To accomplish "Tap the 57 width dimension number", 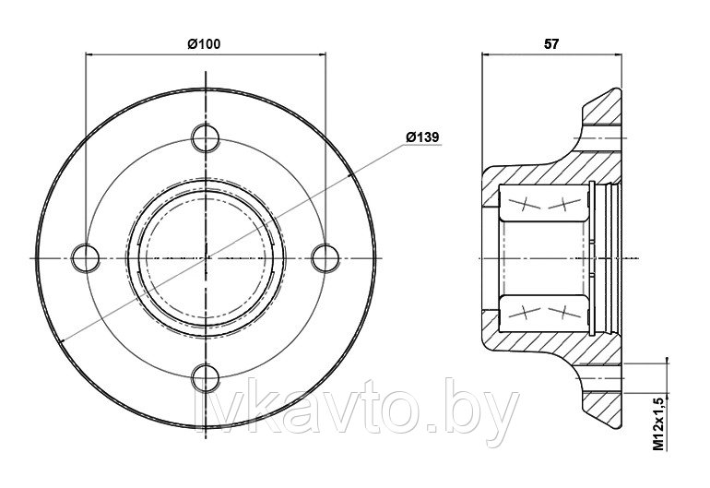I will (551, 42).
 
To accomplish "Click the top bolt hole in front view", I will (207, 138).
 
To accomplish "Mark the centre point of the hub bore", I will (207, 256).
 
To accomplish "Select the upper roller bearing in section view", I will (541, 204).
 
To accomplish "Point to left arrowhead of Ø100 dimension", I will (89, 54).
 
